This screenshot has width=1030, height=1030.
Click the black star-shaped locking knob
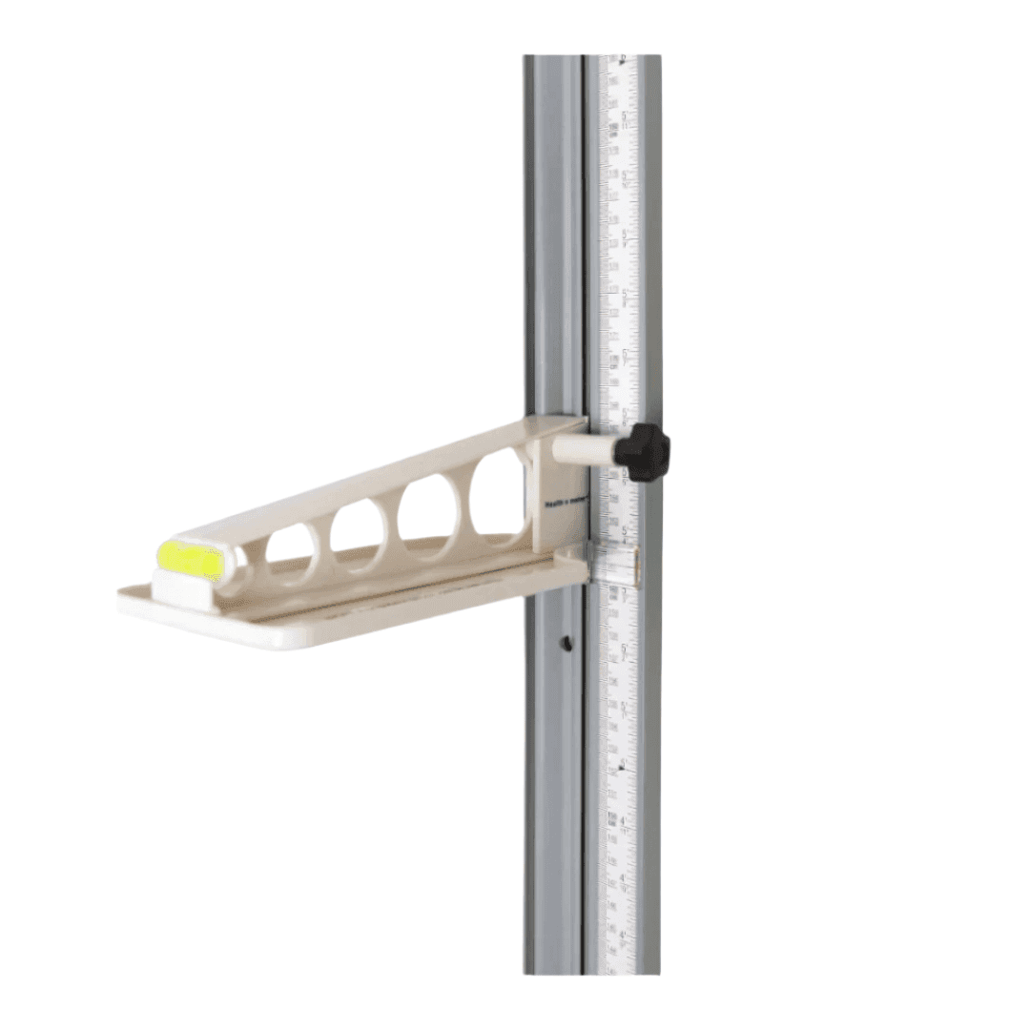[642, 450]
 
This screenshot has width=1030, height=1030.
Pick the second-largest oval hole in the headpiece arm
[426, 516]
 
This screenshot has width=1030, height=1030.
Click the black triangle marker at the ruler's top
[623, 60]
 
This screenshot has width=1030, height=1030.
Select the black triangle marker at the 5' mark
[623, 765]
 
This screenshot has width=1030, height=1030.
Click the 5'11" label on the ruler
[626, 119]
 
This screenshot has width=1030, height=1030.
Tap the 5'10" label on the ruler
[626, 177]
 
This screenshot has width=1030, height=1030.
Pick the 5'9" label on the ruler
[626, 237]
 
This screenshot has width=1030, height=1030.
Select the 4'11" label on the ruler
[626, 823]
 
